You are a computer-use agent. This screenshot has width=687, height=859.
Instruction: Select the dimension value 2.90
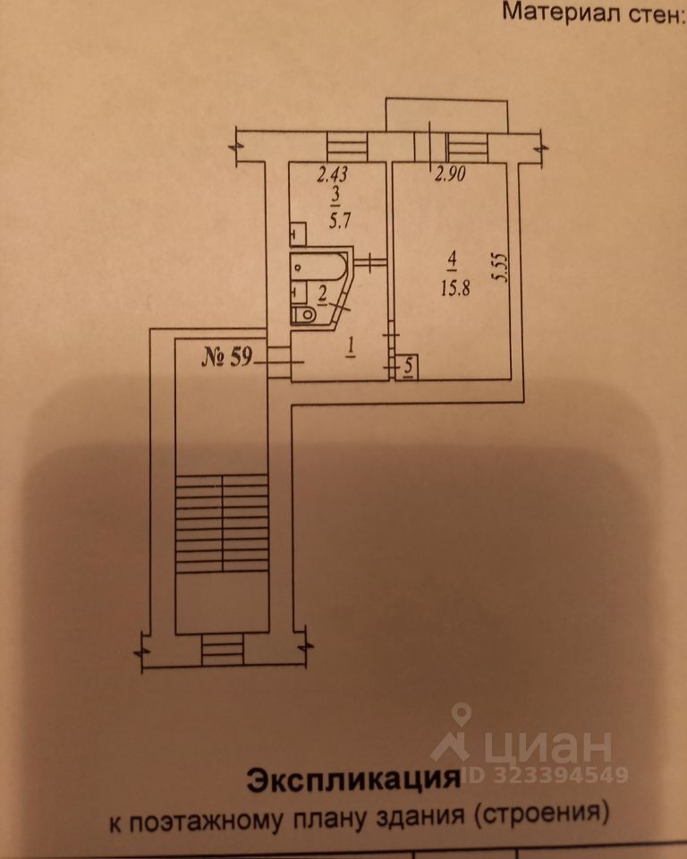point(452,176)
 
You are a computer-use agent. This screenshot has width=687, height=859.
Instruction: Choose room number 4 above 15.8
point(453,260)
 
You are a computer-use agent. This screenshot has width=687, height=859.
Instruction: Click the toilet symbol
point(302,314)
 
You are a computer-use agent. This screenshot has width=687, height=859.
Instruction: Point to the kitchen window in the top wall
point(346,143)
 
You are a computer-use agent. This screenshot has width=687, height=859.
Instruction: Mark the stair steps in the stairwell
point(222,523)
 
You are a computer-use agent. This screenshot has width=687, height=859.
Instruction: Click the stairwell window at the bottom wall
point(222,648)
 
